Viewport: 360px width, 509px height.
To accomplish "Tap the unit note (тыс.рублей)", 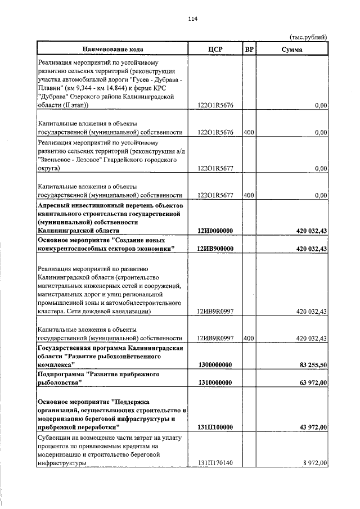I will click(x=308, y=37).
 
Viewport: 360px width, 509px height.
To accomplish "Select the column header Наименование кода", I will click(x=110, y=49).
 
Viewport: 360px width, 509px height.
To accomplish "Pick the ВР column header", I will click(x=250, y=49).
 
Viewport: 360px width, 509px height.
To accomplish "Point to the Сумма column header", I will click(x=292, y=49).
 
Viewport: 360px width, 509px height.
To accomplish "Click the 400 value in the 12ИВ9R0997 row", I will click(x=250, y=338).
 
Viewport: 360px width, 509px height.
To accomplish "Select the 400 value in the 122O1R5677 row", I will click(x=250, y=195).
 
